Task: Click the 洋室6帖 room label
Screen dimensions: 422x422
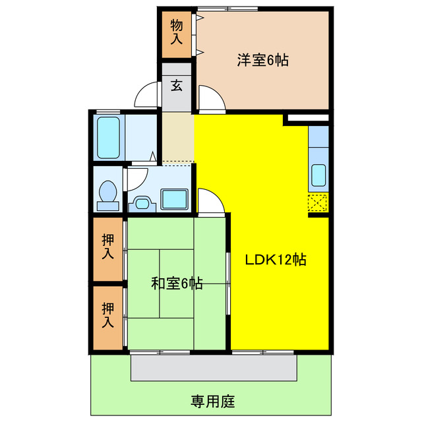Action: (263, 60)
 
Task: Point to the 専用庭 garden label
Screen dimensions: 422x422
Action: (213, 400)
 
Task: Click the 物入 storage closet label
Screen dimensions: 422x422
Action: (176, 32)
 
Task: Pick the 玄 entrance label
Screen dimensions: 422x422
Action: (177, 85)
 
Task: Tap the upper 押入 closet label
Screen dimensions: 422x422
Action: (107, 246)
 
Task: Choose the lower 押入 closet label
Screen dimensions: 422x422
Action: (107, 315)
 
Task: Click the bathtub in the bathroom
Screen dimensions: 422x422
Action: (108, 137)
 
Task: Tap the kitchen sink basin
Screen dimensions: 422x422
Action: (318, 175)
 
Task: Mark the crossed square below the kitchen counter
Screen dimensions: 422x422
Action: (317, 204)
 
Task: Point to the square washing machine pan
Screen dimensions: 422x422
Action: (175, 198)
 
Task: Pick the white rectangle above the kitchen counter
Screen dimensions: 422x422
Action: (307, 119)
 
